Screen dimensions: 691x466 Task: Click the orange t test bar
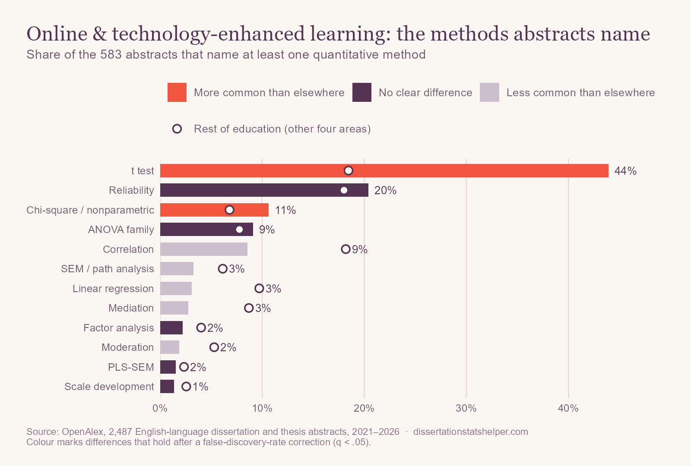(384, 171)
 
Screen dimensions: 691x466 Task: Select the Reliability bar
(264, 190)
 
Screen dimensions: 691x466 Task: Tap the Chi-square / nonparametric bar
(214, 210)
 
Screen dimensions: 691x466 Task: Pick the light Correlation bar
(203, 249)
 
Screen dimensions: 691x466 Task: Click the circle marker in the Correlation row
(345, 249)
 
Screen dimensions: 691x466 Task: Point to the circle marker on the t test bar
(348, 170)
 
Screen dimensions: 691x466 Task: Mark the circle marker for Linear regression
(259, 289)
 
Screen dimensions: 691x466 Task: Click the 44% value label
(625, 171)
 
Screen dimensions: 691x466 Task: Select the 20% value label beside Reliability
(385, 190)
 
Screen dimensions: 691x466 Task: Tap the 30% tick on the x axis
(466, 408)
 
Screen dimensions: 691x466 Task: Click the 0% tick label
(160, 408)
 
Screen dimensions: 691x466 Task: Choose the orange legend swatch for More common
(177, 92)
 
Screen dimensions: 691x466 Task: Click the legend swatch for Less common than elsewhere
(490, 92)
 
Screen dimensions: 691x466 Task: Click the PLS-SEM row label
(131, 367)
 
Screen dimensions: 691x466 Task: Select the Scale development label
(109, 387)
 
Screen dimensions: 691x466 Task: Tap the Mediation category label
(131, 308)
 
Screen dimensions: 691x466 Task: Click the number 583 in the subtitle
(111, 54)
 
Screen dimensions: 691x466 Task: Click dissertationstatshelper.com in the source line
(470, 431)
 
